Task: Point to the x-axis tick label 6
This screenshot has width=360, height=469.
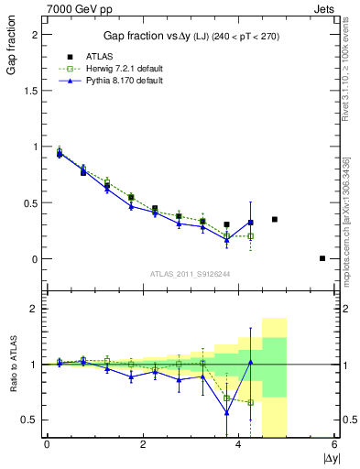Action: tap(335, 444)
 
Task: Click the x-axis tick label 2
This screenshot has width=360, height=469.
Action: tap(143, 444)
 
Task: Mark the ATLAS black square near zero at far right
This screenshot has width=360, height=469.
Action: tap(322, 258)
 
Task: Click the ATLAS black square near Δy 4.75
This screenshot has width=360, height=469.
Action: tap(275, 219)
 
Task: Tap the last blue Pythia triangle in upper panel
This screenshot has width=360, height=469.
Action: tap(250, 222)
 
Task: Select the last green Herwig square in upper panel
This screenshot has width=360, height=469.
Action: tap(250, 235)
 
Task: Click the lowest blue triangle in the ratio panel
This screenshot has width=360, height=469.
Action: tap(226, 412)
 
